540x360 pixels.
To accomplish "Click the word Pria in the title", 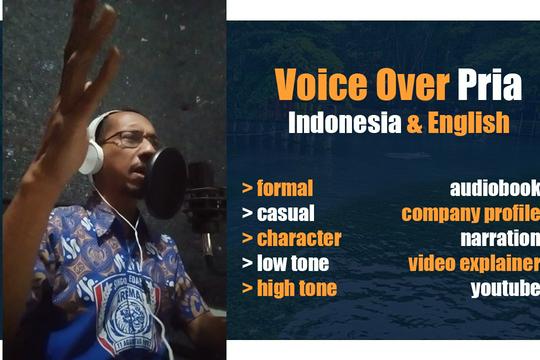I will click(x=489, y=86).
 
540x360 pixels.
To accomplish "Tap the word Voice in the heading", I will click(x=312, y=86).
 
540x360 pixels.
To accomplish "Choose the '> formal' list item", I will click(x=277, y=187).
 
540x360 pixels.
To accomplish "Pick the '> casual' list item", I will click(x=278, y=213).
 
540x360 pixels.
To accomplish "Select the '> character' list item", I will click(x=291, y=239).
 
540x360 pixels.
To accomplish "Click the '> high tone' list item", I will click(x=289, y=289).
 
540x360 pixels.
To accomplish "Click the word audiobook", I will click(x=495, y=187).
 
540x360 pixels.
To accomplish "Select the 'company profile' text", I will click(x=470, y=213).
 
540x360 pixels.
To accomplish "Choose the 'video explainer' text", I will click(x=473, y=264).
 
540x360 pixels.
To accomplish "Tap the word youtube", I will click(x=505, y=289).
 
